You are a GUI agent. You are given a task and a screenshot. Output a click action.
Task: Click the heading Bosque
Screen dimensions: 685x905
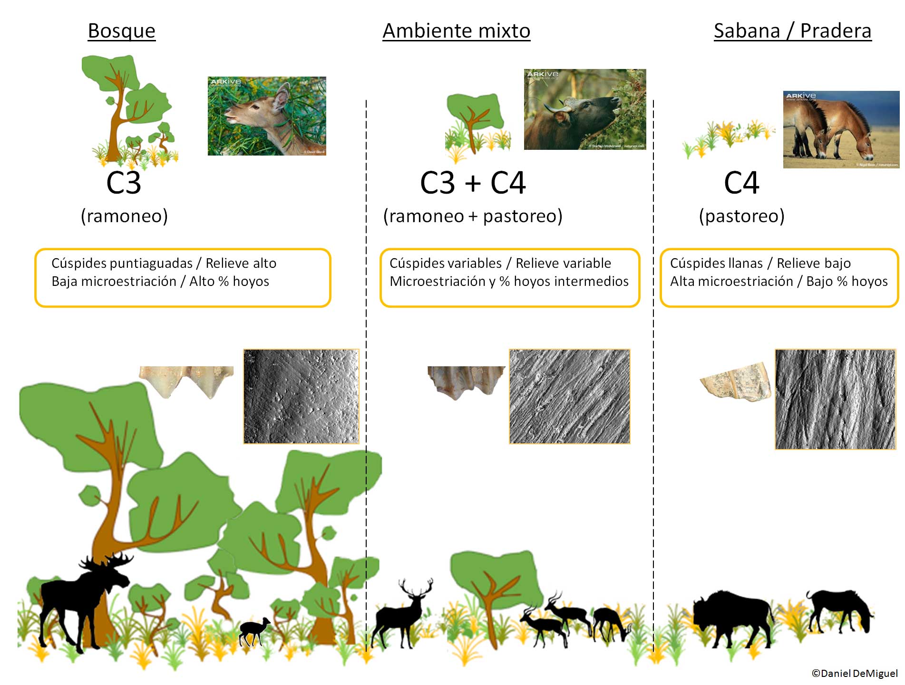(x=122, y=31)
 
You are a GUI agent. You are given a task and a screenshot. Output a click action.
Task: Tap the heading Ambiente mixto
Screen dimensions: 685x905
(x=456, y=31)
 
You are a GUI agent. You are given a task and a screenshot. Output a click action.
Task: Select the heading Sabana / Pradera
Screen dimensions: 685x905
(x=792, y=31)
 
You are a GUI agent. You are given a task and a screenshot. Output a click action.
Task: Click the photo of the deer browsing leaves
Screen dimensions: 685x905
(x=267, y=116)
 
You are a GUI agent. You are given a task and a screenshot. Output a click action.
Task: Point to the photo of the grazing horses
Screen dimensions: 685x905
(x=841, y=129)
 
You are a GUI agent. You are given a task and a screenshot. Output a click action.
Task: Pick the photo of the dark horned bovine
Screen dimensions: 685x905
(x=584, y=109)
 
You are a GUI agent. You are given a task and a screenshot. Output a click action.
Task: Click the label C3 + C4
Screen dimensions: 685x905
(x=473, y=183)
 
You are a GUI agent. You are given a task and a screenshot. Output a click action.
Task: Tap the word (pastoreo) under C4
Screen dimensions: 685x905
(x=741, y=216)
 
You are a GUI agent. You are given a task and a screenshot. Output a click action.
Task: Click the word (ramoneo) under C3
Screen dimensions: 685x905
(x=124, y=216)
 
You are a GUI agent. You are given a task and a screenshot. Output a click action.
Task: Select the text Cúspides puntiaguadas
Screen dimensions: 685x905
(x=122, y=263)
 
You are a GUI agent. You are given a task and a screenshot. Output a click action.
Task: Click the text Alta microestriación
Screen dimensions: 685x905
(x=731, y=282)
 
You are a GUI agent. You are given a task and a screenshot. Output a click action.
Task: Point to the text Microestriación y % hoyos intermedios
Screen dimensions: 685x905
(x=509, y=282)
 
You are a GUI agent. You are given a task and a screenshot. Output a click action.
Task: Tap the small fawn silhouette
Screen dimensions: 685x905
(x=253, y=631)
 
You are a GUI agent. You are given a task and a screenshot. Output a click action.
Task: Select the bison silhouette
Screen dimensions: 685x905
(x=732, y=616)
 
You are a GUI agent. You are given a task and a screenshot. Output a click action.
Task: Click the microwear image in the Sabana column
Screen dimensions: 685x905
(x=835, y=399)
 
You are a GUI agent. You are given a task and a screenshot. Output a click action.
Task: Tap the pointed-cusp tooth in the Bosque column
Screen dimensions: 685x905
(x=186, y=381)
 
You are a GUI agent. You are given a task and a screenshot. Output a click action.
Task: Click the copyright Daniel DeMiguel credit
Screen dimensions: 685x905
(x=854, y=673)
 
